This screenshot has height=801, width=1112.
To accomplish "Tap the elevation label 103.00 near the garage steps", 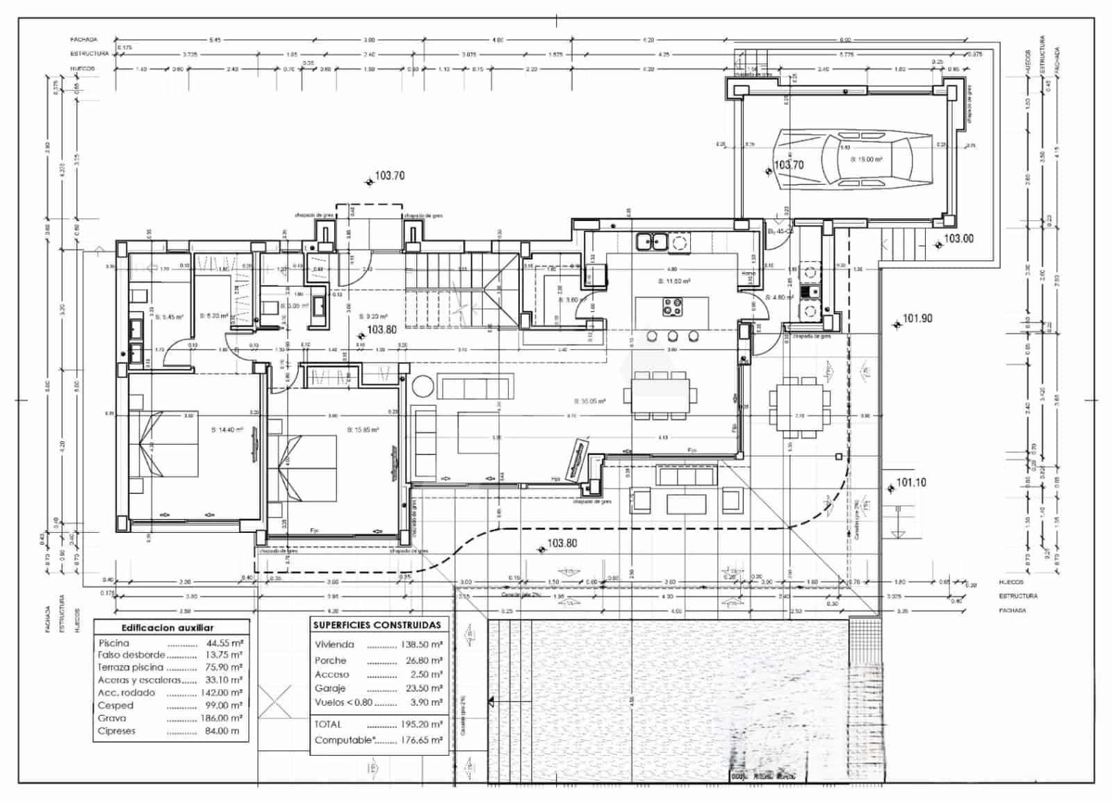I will pos(958,238).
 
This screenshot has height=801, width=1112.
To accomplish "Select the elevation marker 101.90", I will pos(917,318).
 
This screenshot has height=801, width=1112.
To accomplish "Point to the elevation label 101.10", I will pos(911,482).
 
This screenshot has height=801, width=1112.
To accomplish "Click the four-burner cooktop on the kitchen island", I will pos(671,306).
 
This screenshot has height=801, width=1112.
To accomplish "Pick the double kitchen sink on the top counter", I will pos(652,242).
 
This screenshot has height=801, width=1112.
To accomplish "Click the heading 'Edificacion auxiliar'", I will pos(167,627).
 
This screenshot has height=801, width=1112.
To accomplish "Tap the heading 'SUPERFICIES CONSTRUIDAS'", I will pos(377,625).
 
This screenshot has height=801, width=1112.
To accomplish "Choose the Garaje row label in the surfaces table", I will pos(329,688).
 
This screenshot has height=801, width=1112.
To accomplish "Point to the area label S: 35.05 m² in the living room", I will pos(589,401).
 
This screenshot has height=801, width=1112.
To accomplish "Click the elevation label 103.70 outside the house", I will pos(389,176).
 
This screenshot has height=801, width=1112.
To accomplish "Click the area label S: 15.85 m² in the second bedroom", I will pos(363,430).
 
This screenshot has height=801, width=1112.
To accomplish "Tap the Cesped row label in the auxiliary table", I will pos(115,705).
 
